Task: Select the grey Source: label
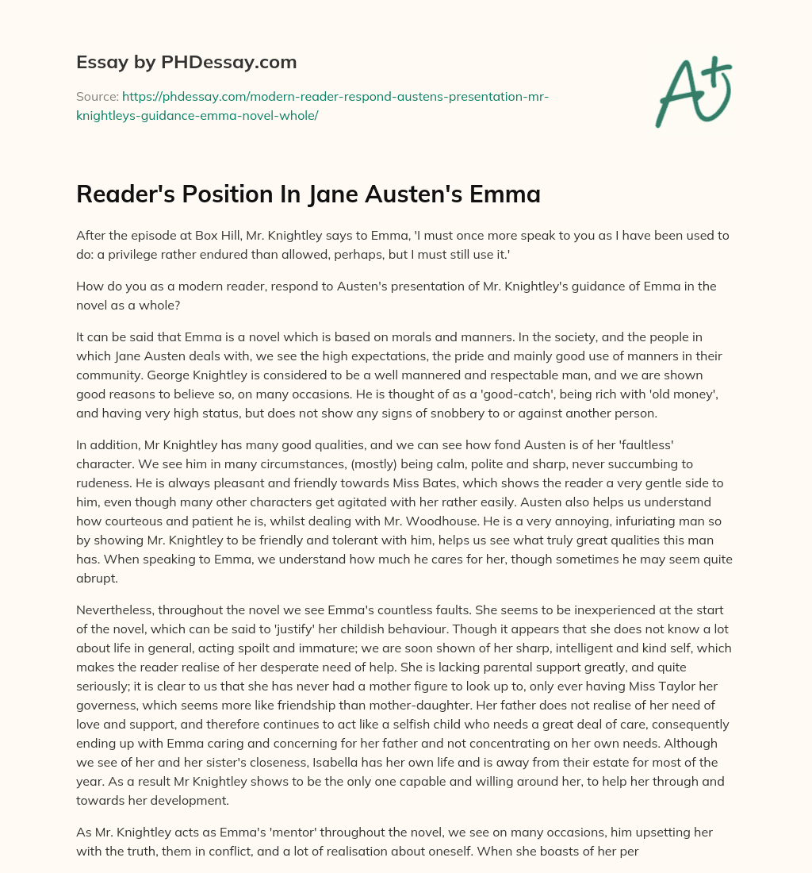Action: point(97,96)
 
